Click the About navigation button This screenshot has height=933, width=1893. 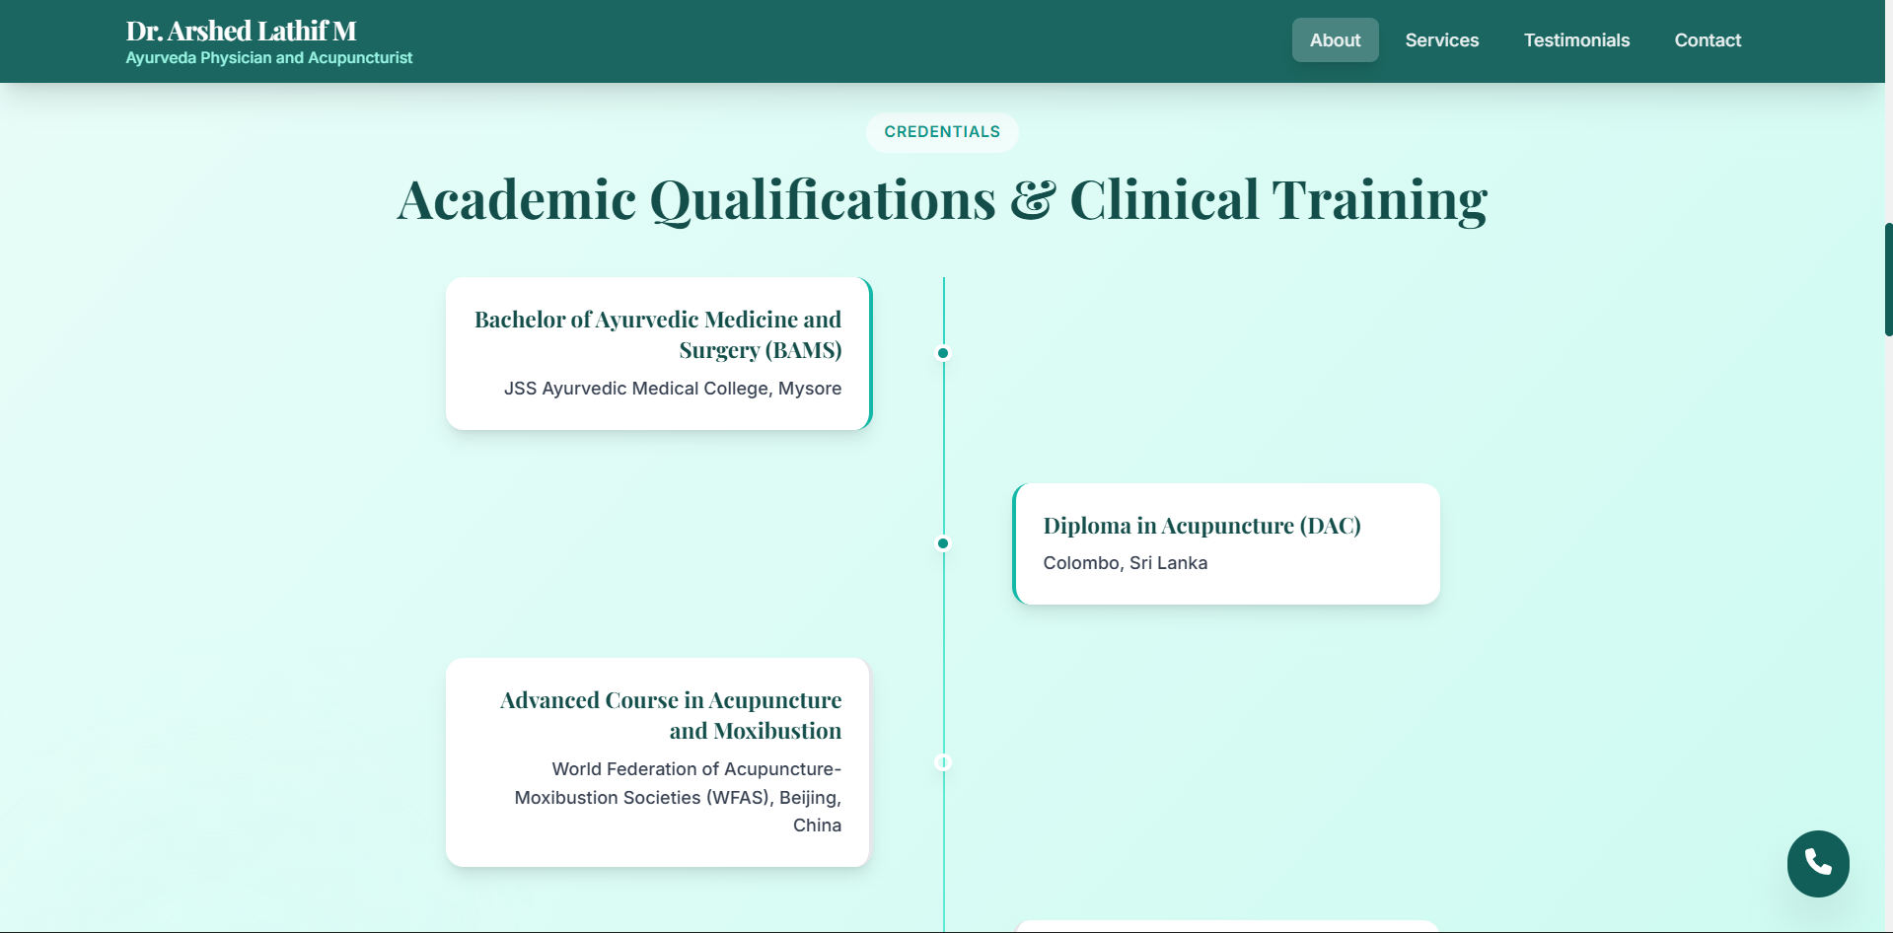[1335, 40]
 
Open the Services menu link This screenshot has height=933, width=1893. [1441, 40]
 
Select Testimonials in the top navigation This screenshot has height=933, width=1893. [1576, 40]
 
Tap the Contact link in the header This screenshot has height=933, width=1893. [1708, 40]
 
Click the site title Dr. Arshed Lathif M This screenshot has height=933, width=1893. [241, 31]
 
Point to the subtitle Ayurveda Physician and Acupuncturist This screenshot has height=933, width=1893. [268, 58]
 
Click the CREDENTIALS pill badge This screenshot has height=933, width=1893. [942, 132]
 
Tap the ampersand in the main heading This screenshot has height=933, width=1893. [1033, 199]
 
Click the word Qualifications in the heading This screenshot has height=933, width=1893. [823, 200]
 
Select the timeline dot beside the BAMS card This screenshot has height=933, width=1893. [943, 353]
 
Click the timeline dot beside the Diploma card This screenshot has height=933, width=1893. [943, 543]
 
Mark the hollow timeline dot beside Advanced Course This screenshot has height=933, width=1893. [943, 762]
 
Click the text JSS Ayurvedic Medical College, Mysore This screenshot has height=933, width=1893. [672, 389]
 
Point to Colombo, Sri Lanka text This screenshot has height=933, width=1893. [1125, 563]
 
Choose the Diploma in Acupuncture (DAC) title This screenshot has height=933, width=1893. [1201, 526]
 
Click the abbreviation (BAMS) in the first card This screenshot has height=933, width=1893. [803, 350]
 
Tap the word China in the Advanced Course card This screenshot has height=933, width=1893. [817, 825]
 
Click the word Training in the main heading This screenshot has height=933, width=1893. [1379, 200]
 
